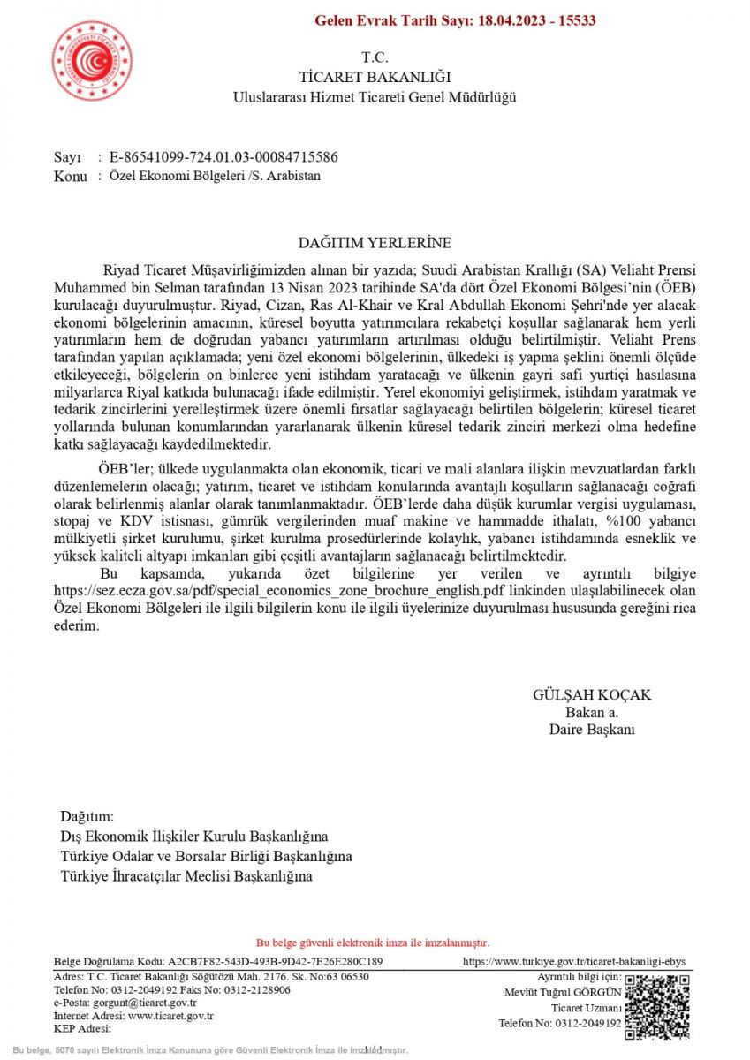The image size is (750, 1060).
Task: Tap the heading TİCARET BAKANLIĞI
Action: tap(375, 77)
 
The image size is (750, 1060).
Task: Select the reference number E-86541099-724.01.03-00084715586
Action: tap(223, 157)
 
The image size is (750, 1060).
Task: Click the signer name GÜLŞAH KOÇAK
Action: tap(592, 695)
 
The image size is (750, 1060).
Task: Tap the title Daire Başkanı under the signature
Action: tap(592, 730)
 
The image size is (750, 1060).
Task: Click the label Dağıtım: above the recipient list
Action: tap(87, 816)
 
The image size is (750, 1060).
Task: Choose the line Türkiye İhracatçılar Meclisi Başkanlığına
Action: tap(186, 876)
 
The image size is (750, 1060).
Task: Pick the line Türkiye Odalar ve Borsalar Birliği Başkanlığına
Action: tap(206, 857)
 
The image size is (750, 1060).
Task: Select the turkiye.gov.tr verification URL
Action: tap(574, 962)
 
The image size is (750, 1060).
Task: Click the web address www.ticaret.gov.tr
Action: tap(170, 1016)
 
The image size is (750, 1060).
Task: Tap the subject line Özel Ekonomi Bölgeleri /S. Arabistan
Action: tap(215, 176)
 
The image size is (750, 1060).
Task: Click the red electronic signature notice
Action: tap(373, 943)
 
